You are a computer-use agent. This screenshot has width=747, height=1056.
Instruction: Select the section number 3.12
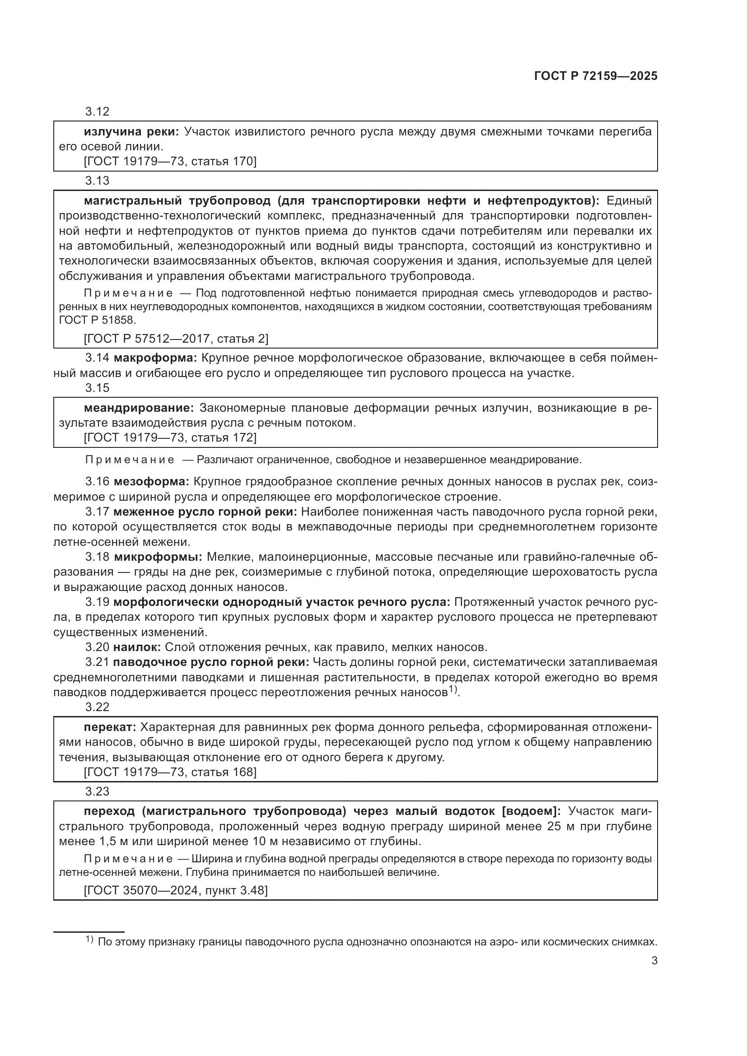[97, 112]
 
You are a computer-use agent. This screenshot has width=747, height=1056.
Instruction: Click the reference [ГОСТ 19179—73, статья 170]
[170, 162]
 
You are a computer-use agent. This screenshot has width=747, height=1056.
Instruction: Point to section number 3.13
[97, 181]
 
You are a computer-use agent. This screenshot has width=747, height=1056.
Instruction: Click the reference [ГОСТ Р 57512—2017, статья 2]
[176, 339]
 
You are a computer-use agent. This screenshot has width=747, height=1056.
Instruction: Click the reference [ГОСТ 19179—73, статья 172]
[170, 437]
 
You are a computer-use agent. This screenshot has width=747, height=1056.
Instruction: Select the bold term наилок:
[136, 647]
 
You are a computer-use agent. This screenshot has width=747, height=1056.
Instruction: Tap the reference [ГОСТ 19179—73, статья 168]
[170, 772]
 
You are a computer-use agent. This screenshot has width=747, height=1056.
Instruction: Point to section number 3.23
[97, 791]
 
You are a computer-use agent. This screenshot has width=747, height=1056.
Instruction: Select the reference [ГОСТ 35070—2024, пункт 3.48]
[176, 890]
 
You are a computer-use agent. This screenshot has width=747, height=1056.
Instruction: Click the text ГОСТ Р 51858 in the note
[98, 320]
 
